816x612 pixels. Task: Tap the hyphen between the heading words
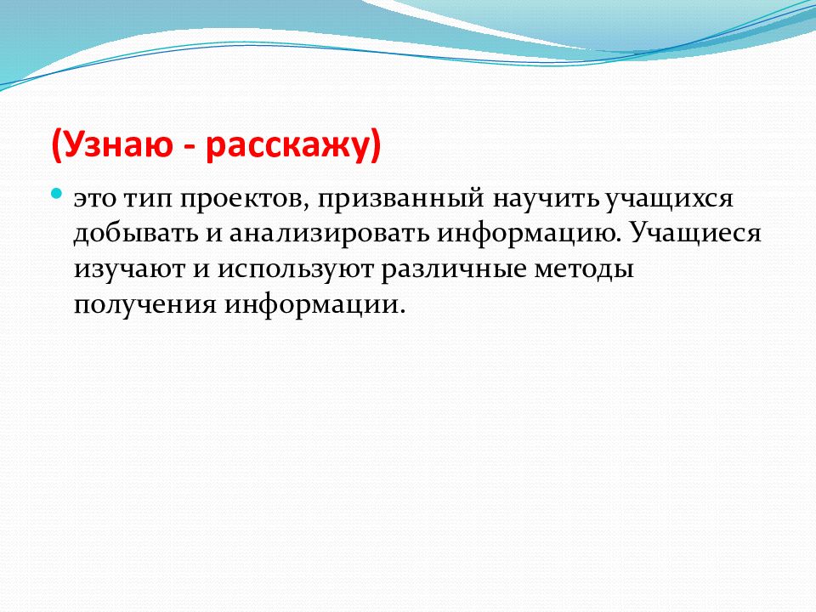click(190, 148)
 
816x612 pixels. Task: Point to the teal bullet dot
click(57, 195)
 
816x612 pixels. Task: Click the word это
click(95, 199)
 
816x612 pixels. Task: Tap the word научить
click(547, 200)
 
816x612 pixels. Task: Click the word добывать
click(136, 235)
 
